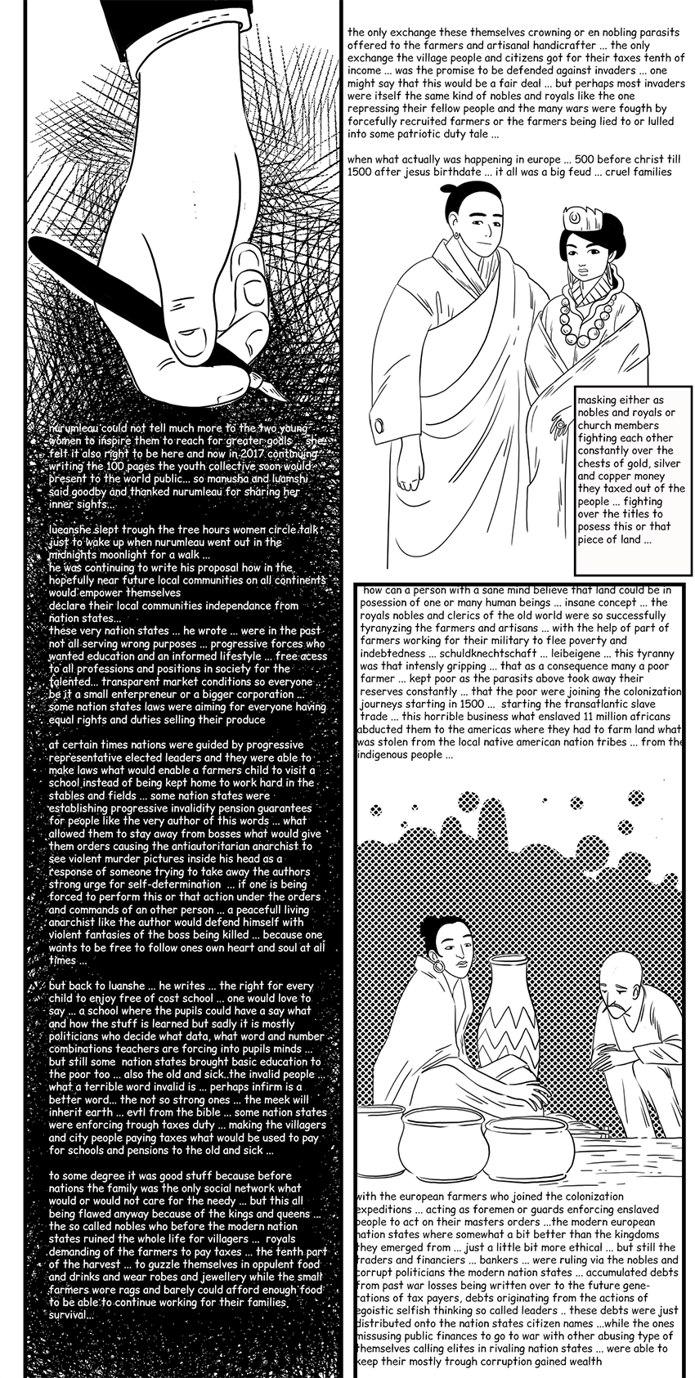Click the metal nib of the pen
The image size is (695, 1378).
(x=271, y=387)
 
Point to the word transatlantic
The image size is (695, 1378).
(x=603, y=704)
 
